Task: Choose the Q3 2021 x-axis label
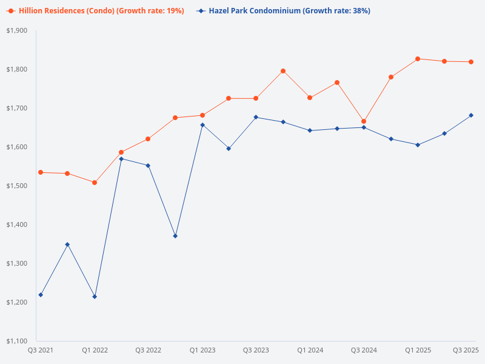41,350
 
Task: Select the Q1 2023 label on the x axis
202,350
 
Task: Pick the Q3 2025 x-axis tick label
466,350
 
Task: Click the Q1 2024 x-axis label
310,350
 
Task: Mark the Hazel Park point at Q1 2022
95,297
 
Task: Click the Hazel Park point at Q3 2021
41,295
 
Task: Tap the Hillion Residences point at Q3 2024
364,121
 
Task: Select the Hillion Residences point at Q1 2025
418,59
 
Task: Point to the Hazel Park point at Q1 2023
202,125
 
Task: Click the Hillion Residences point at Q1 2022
95,183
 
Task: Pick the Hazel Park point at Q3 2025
471,115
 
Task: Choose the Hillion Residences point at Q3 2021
41,172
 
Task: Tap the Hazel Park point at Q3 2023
256,117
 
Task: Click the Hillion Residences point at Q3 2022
148,139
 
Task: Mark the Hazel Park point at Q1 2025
418,145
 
